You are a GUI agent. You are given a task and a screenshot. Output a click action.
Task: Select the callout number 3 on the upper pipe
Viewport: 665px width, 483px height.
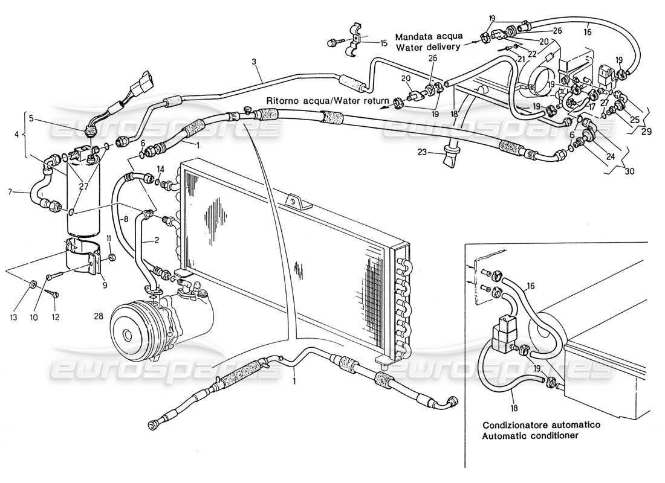(255, 62)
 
